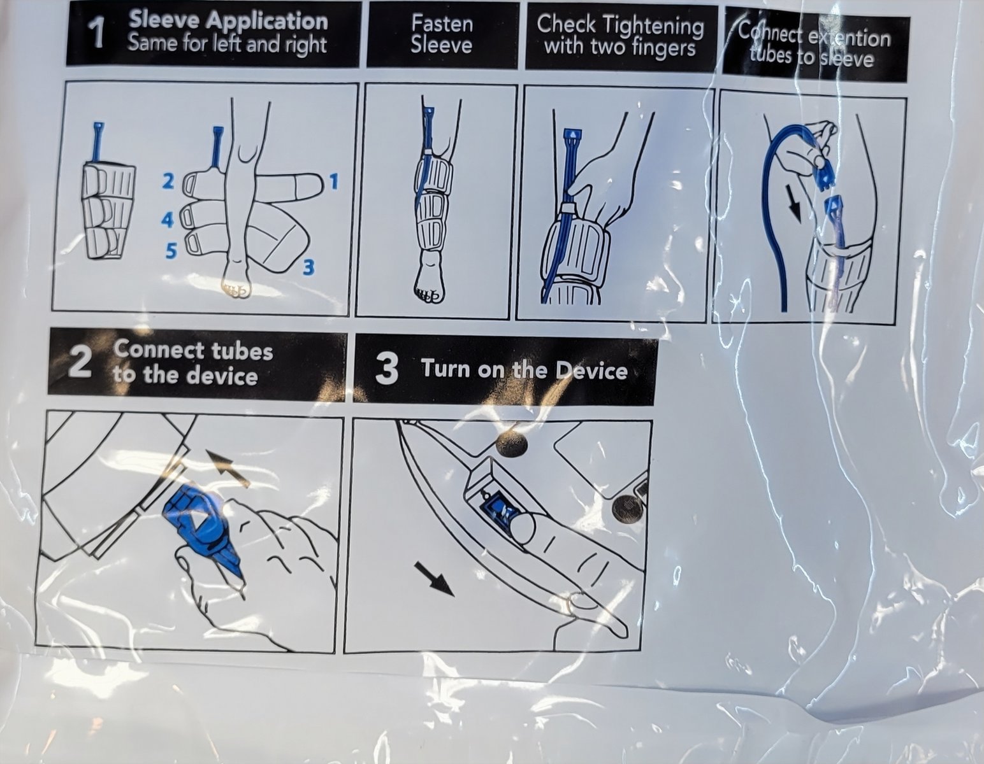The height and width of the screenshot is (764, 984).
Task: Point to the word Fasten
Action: (x=442, y=24)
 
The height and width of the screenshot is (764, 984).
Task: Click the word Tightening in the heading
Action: (x=655, y=26)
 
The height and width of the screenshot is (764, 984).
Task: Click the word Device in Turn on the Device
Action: (x=591, y=371)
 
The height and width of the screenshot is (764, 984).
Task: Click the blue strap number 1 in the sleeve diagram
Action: (x=334, y=182)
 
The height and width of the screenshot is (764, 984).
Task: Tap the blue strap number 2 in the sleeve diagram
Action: (x=168, y=181)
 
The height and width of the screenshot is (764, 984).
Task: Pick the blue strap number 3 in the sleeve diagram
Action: (x=308, y=268)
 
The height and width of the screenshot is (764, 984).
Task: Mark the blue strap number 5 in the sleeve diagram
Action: (x=170, y=250)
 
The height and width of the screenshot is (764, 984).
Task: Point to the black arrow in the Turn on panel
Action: (x=434, y=580)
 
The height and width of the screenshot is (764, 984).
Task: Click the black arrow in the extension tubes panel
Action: (x=794, y=204)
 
